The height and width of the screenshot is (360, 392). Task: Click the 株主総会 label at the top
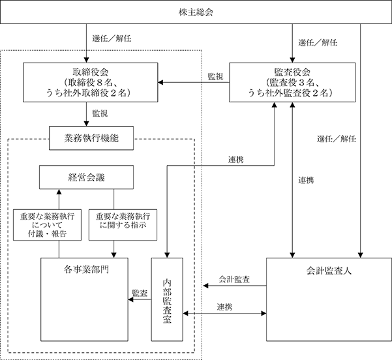196,12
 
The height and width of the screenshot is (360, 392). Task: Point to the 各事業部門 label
86,270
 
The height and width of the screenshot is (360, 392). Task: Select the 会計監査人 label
329,271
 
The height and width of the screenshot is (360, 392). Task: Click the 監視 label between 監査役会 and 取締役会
215,76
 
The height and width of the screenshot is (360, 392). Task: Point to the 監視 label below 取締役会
100,113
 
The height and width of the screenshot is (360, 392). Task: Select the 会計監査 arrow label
234,279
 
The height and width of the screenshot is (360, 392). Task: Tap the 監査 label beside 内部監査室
140,293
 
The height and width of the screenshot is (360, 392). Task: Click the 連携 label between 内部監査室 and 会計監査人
225,307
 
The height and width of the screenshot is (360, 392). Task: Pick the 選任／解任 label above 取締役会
112,38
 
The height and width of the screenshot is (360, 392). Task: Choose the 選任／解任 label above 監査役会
318,42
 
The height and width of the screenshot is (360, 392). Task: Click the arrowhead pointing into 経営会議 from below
59,192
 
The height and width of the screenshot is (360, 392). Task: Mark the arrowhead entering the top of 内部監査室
167,255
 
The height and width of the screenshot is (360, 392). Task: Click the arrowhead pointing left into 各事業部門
130,299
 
